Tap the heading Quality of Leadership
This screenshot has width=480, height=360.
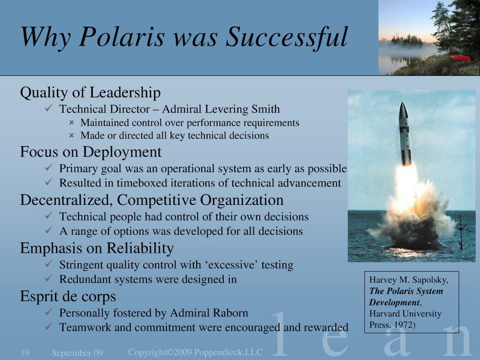[x=90, y=92]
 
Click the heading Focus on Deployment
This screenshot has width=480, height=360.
[x=91, y=152]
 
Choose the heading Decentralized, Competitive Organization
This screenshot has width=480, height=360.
[x=152, y=200]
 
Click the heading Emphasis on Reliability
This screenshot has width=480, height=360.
[x=97, y=248]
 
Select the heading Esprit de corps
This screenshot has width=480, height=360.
[x=68, y=296]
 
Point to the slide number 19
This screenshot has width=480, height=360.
[x=25, y=353]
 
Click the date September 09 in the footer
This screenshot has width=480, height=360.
[x=77, y=353]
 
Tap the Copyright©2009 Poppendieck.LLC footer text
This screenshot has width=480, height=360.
[x=195, y=352]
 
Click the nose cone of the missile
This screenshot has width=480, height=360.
[x=403, y=110]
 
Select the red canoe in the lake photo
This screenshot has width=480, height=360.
[x=460, y=58]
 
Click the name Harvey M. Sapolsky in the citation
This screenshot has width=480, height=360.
[x=408, y=280]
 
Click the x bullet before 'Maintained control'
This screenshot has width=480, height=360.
[x=72, y=123]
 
